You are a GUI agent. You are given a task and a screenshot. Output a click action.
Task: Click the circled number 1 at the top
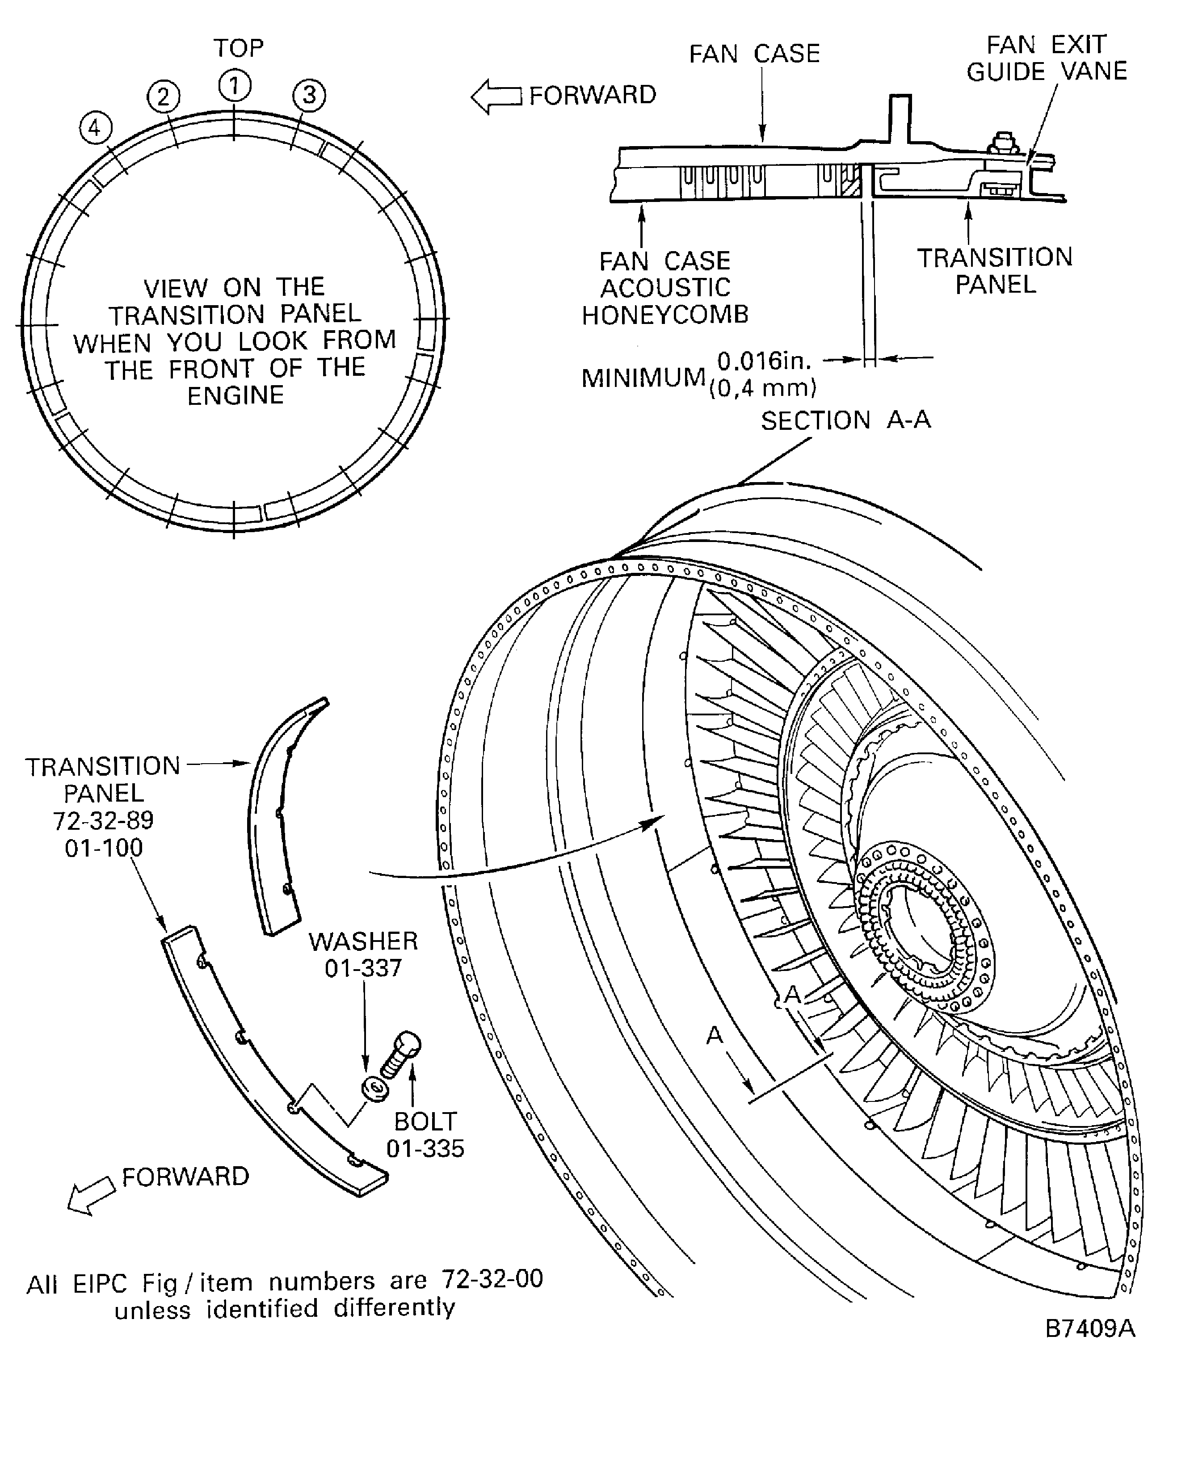[235, 86]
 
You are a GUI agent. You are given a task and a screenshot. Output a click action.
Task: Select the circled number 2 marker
[163, 97]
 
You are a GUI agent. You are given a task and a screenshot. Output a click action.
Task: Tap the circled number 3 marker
[309, 95]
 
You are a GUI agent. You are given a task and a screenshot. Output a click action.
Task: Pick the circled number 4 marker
[95, 128]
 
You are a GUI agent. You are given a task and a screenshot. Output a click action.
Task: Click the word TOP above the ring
[238, 48]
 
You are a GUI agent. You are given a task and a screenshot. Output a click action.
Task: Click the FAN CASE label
[754, 54]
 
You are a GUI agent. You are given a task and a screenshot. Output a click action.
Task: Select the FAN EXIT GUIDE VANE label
[1046, 58]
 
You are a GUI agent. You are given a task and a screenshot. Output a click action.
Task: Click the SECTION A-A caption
[845, 420]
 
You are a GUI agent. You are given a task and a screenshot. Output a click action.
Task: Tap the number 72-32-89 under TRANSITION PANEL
[104, 820]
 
